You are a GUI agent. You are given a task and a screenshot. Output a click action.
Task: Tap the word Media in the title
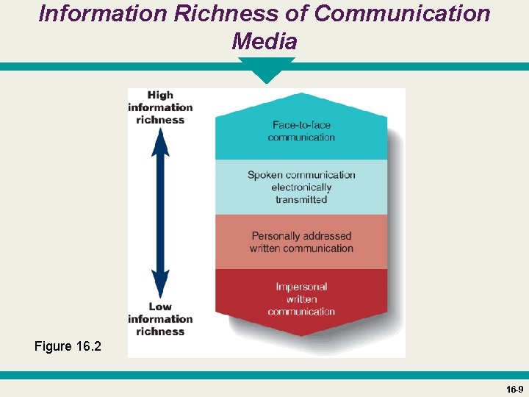(x=264, y=41)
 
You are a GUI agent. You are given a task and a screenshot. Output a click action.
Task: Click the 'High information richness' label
(x=160, y=107)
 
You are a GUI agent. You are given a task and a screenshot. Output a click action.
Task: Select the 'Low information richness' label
(x=160, y=319)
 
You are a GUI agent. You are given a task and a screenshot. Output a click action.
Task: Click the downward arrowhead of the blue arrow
(x=160, y=284)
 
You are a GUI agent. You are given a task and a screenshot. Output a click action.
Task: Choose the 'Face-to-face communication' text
(x=301, y=131)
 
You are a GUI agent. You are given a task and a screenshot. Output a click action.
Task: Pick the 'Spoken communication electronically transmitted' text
(x=301, y=187)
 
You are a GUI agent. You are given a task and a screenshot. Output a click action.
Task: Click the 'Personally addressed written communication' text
(x=301, y=242)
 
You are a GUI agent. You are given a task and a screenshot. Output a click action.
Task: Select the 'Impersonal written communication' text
(x=301, y=299)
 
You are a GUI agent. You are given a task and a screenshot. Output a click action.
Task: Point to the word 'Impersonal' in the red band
(x=301, y=287)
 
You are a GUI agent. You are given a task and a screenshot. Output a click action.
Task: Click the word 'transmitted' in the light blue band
(x=301, y=199)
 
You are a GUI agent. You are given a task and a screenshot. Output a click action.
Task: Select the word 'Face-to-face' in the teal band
(x=301, y=125)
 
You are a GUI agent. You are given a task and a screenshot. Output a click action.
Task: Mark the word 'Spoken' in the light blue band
(x=264, y=175)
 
